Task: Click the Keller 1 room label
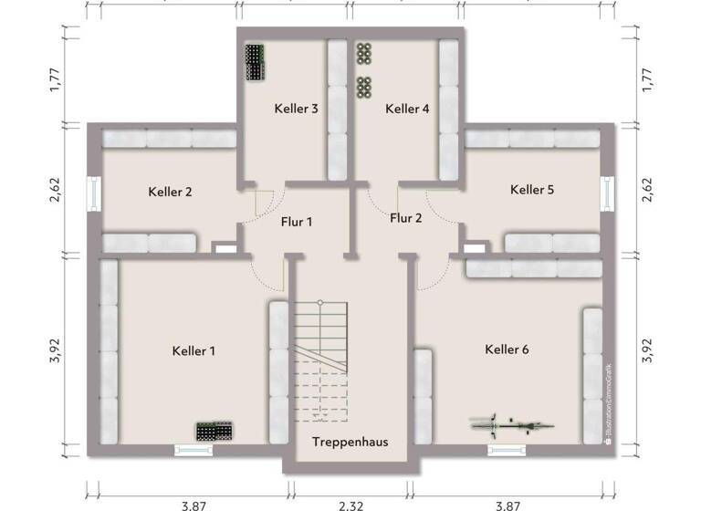point(193,350)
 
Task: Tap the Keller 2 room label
point(170,192)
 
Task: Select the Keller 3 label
point(296,109)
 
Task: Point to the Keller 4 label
point(407,109)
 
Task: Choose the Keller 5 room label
point(532,190)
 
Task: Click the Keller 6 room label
point(507,349)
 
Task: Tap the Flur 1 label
point(297,221)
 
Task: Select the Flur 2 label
point(406,217)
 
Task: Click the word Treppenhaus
point(350,442)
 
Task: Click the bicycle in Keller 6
point(512,424)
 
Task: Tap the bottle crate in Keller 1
point(215,431)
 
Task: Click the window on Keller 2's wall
point(94,193)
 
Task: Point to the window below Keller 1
point(193,449)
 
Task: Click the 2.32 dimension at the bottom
point(350,504)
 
